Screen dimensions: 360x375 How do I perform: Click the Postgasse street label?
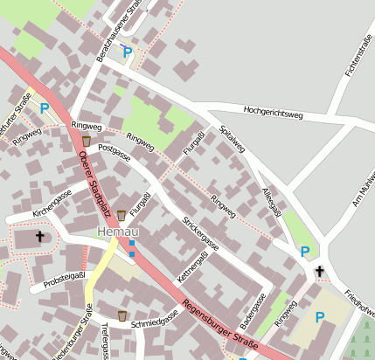115,153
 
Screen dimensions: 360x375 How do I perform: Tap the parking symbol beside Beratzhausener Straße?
127,52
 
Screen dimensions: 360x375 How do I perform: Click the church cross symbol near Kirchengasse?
38,237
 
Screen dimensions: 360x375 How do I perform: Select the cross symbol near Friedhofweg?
319,272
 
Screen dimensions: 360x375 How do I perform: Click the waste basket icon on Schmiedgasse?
122,315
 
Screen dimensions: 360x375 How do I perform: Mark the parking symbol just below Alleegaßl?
304,252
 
